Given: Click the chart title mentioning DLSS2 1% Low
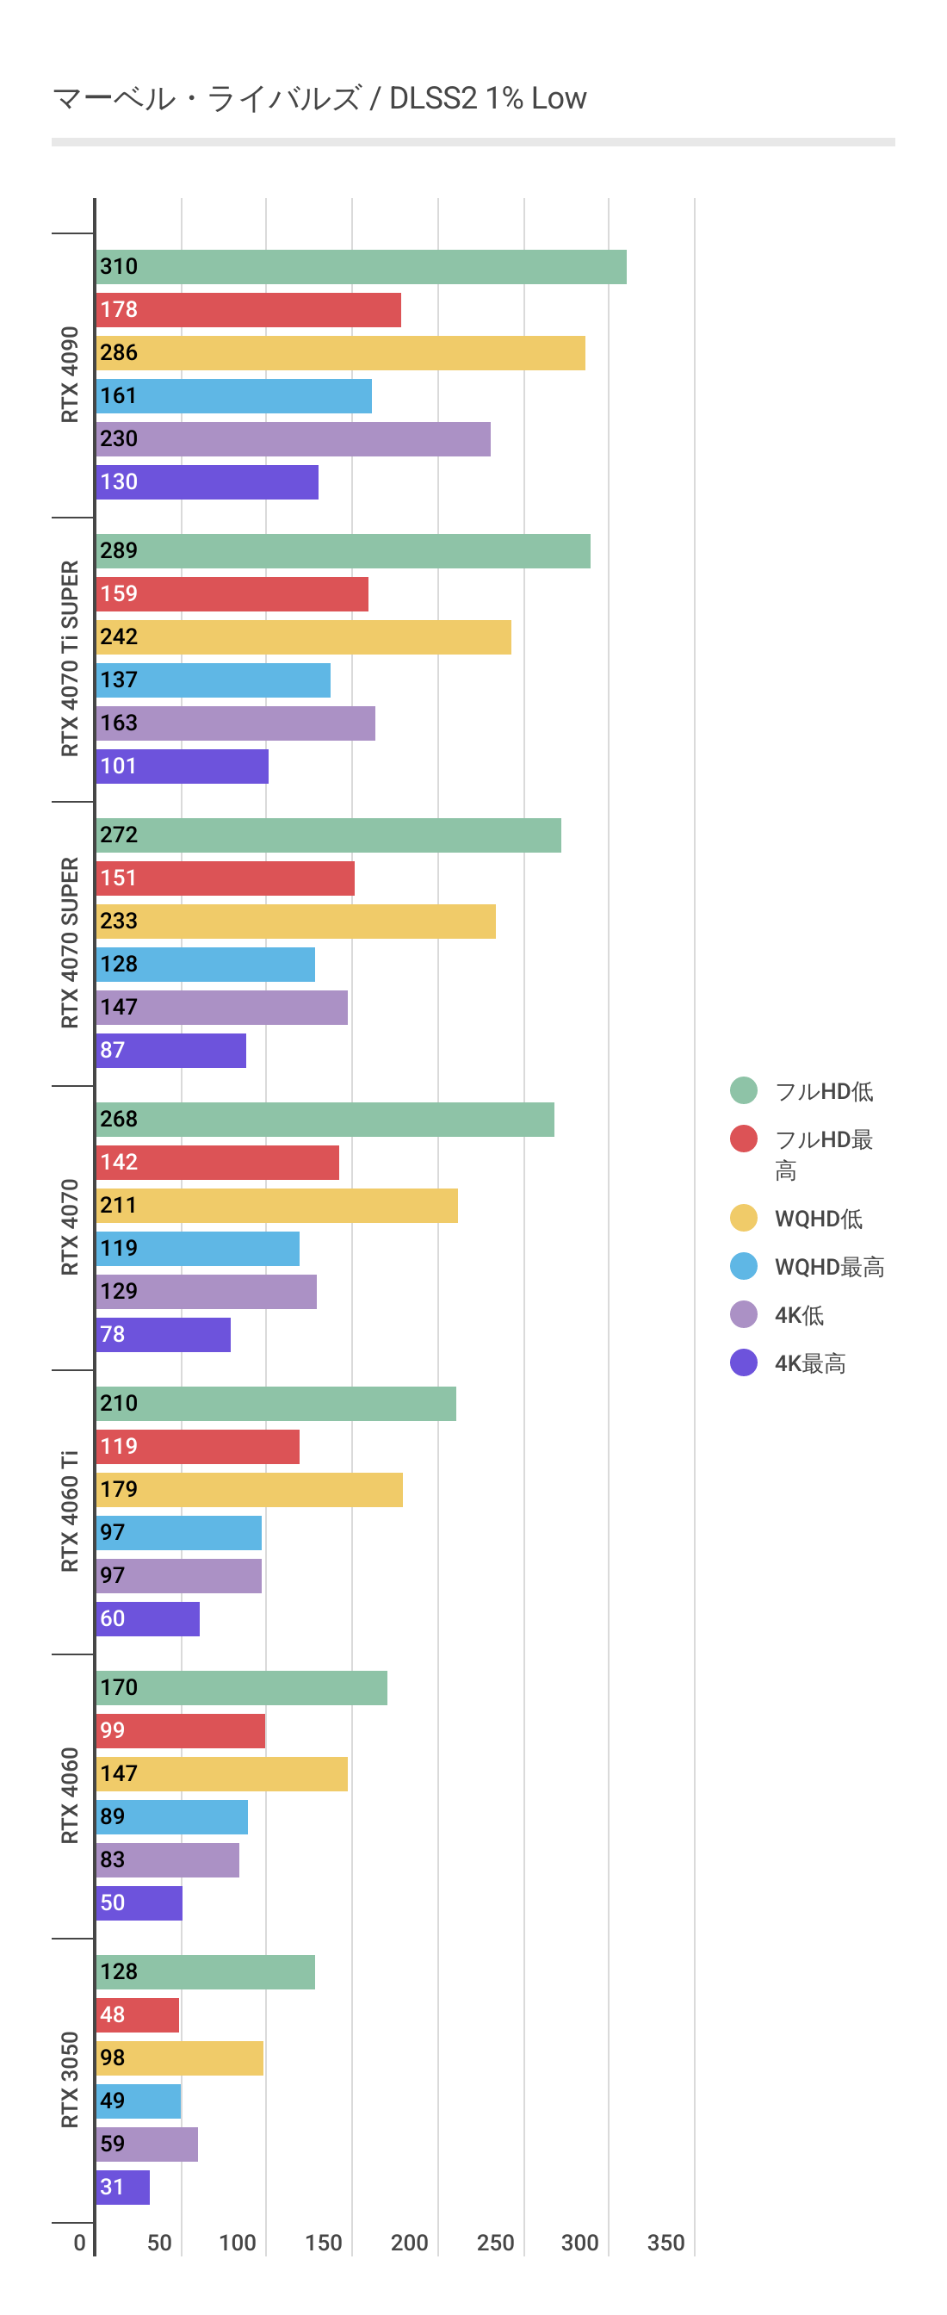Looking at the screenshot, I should [319, 98].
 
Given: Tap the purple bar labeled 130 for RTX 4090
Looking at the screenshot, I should [207, 482].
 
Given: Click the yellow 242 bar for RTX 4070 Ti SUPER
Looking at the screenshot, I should [304, 637].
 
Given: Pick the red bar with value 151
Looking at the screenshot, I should [226, 878].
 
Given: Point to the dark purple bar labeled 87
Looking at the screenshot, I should [170, 1051].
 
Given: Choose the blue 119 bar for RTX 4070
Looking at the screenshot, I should [198, 1249].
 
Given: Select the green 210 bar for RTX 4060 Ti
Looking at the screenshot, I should [275, 1404].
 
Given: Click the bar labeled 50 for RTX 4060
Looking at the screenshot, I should [139, 1903].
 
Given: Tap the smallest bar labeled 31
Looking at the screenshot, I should [123, 2188].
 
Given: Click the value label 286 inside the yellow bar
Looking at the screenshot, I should [119, 353].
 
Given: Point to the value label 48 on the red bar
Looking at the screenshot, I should [112, 2014].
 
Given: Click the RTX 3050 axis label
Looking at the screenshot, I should [70, 2080].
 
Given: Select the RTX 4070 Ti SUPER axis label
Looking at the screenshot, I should [70, 659].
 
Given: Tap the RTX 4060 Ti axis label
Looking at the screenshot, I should [70, 1511].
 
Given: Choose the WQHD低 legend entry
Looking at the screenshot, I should [818, 1219].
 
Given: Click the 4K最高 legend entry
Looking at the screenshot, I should [809, 1363].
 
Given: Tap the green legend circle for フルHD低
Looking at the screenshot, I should [744, 1091].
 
